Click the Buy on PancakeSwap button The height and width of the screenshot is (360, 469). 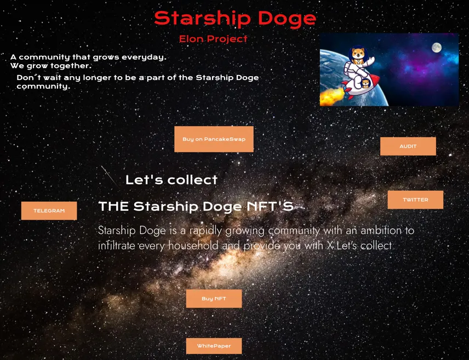click(214, 139)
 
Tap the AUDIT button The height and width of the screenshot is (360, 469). click(408, 146)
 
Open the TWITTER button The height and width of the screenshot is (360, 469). click(415, 199)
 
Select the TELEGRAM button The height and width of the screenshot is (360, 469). click(49, 210)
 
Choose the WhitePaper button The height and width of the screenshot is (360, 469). click(214, 346)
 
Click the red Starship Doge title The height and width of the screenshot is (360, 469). click(235, 19)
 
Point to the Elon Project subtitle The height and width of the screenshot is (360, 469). click(213, 39)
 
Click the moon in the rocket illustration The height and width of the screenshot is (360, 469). click(437, 48)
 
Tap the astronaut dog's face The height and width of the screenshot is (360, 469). click(358, 54)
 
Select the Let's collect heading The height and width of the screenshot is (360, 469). click(171, 180)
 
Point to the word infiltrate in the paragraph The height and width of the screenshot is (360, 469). click(117, 245)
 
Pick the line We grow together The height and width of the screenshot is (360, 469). click(51, 66)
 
